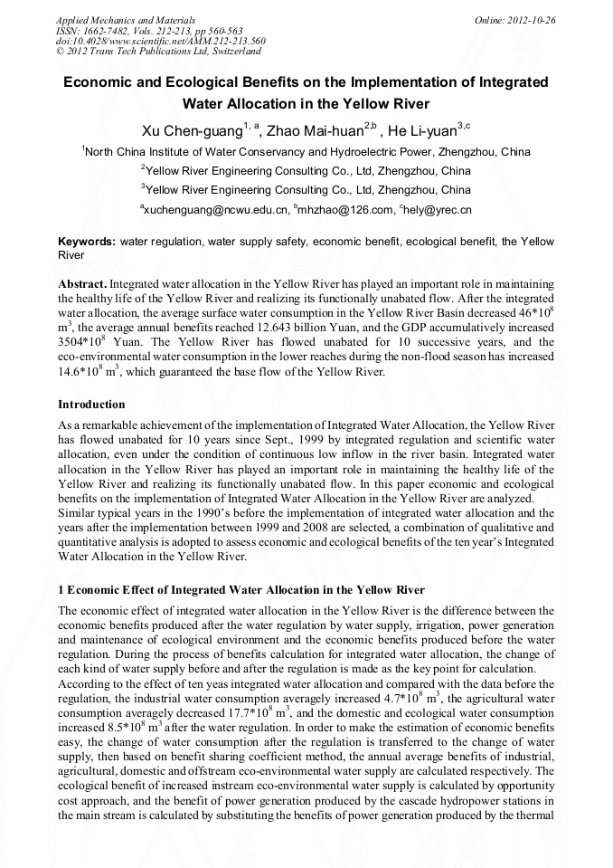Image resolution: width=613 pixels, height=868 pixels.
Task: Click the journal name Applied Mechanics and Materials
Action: pos(114,19)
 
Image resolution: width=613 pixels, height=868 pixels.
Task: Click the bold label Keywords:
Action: pos(87,242)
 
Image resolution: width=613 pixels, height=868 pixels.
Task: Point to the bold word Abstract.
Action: pos(82,284)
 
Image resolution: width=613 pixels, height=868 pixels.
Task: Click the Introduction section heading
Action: pos(91,404)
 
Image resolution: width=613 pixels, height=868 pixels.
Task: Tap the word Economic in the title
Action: pos(100,82)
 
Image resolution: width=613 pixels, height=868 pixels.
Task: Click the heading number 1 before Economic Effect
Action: pos(61,589)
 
